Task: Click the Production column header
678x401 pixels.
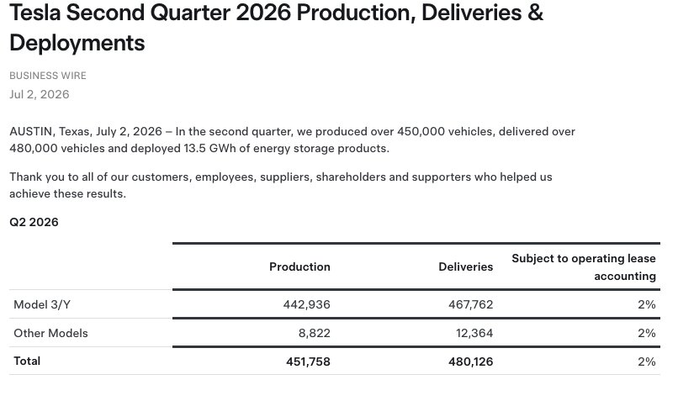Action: pos(299,266)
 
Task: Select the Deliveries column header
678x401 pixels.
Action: pos(466,266)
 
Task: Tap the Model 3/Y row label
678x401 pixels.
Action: pos(42,304)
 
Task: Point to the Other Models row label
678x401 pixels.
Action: pos(50,333)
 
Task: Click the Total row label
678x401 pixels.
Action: pos(27,361)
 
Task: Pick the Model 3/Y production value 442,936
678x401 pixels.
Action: pos(306,304)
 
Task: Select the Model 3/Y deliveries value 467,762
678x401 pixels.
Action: pos(470,304)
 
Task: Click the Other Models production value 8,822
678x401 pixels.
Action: pos(315,333)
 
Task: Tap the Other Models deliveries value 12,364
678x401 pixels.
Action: pos(474,333)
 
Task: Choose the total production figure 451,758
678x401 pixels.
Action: pos(308,361)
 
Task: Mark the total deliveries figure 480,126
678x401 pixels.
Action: pos(470,361)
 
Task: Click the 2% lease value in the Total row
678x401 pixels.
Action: pos(646,361)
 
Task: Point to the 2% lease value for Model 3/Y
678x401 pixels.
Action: pos(646,304)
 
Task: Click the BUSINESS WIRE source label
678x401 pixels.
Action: pos(48,76)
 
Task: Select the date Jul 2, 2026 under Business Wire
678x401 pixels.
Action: pos(40,94)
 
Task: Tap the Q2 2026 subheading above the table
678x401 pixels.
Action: pos(34,222)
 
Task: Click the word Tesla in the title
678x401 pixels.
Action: pos(35,12)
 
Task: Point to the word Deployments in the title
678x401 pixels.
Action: pos(77,43)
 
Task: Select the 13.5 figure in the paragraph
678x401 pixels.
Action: pos(194,148)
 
